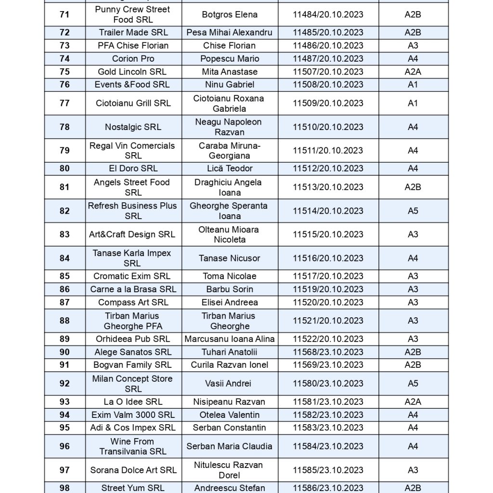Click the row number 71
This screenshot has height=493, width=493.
click(65, 14)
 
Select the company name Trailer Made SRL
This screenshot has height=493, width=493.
click(133, 33)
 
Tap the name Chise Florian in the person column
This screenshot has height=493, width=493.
click(229, 46)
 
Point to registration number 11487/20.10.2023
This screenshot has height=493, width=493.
click(328, 59)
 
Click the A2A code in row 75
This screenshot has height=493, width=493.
click(413, 72)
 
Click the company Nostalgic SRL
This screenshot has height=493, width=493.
click(133, 127)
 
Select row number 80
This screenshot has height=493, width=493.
click(65, 169)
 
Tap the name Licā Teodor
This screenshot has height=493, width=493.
click(229, 169)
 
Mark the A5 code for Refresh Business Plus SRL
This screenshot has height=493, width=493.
click(413, 211)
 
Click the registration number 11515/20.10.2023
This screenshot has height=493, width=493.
click(328, 234)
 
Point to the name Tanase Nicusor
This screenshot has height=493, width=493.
click(229, 259)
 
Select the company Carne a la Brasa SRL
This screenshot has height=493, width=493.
click(133, 289)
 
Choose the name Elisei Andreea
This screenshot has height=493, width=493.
click(229, 302)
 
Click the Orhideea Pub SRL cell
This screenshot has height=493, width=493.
click(133, 339)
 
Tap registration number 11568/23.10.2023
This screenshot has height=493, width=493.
click(328, 352)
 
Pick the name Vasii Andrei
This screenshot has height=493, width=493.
click(229, 384)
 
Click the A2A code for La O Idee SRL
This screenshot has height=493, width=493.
click(413, 402)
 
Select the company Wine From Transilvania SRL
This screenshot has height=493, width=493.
click(133, 446)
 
